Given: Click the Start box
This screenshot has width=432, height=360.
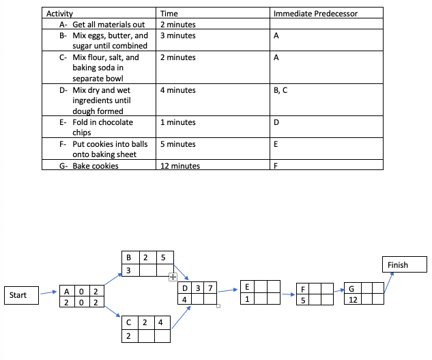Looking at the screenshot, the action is tap(20, 295).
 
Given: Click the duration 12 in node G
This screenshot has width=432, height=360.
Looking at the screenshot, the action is tap(352, 299).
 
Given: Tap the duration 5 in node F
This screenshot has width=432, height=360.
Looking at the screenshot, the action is tap(302, 299).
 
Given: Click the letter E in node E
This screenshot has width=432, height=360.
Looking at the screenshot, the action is tap(246, 287).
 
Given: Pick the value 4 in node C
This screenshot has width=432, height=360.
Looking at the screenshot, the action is tap(160, 321).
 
